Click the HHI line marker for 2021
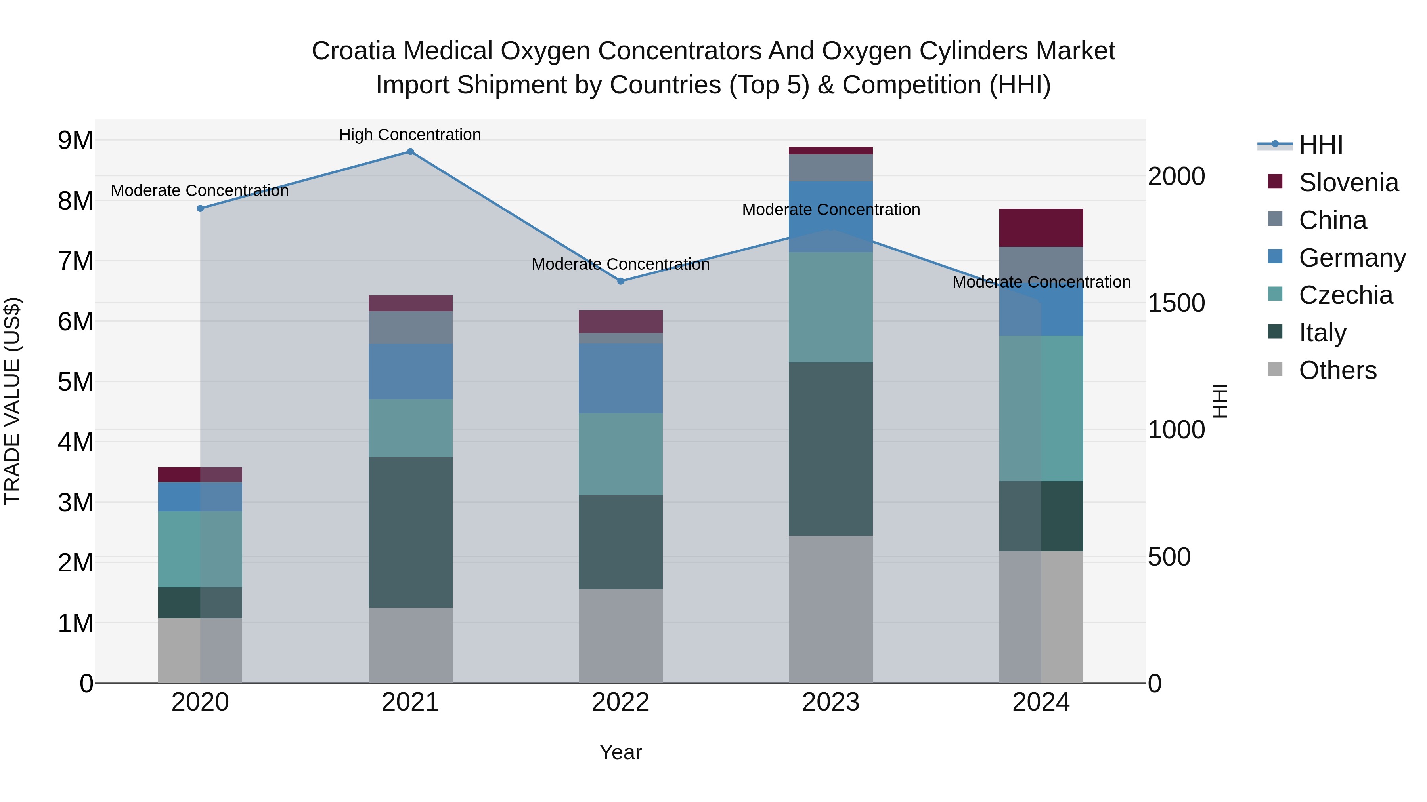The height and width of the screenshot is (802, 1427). pos(410,152)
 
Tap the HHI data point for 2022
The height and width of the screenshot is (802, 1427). pos(620,281)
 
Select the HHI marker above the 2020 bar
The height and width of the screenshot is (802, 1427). pos(201,209)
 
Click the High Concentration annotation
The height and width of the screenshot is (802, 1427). pos(410,135)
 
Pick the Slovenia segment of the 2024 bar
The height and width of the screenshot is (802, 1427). pos(1041,227)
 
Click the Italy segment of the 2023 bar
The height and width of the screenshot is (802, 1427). pos(830,449)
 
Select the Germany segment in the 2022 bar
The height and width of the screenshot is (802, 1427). pos(620,378)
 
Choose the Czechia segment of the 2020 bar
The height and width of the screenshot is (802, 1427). pos(200,549)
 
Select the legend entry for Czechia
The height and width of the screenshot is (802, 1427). pos(1345,295)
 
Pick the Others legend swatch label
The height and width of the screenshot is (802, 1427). pos(1337,370)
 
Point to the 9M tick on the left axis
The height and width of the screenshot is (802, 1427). pos(75,141)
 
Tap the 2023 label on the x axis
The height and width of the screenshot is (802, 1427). pos(830,702)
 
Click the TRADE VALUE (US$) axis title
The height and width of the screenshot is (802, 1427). pos(12,401)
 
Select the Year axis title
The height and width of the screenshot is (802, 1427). pos(620,752)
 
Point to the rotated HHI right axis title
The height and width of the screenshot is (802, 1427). pos(1220,401)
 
